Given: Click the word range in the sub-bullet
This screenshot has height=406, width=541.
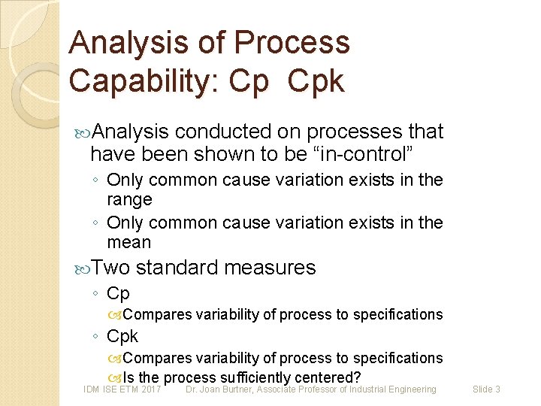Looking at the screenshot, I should pyautogui.click(x=129, y=200).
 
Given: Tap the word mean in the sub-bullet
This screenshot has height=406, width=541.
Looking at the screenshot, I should pyautogui.click(x=129, y=243).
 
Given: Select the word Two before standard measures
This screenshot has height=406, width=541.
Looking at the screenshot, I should pyautogui.click(x=111, y=268).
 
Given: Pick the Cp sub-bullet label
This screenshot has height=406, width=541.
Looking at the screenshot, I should pyautogui.click(x=118, y=293).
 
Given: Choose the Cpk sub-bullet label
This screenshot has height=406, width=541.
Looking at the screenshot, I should pyautogui.click(x=122, y=336).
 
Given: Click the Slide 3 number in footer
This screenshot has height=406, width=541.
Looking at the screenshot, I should pyautogui.click(x=486, y=389).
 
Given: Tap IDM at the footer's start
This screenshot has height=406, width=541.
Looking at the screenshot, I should pyautogui.click(x=92, y=389).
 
